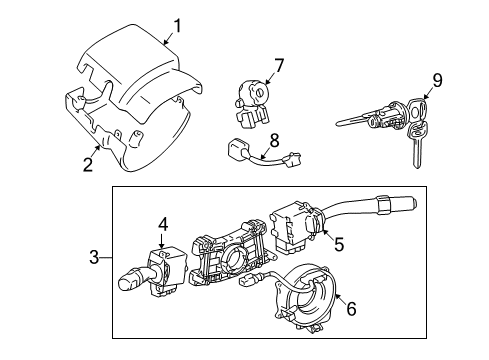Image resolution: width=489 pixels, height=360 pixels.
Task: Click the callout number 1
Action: tap(177, 25)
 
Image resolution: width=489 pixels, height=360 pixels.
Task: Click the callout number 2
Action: tap(89, 164)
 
